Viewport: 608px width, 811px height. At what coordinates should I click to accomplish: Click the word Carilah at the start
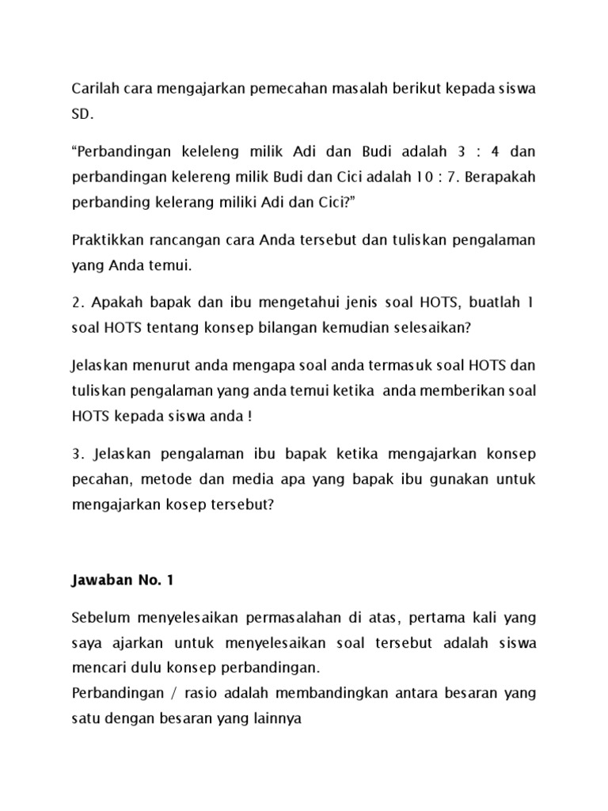coord(93,89)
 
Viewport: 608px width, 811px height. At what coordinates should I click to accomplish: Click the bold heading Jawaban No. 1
coord(121,581)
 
